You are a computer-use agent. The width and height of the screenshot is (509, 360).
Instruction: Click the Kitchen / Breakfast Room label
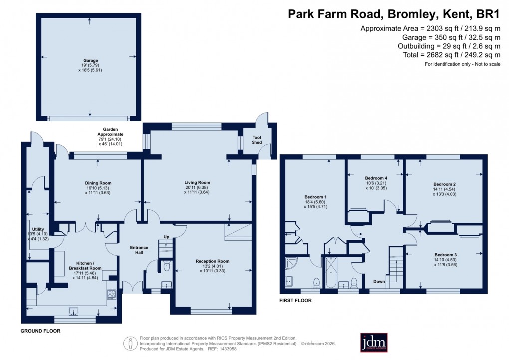(x=89, y=265)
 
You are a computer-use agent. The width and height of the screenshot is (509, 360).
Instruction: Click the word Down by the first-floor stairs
(x=379, y=282)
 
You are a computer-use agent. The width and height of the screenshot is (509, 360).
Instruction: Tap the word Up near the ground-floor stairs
(x=167, y=237)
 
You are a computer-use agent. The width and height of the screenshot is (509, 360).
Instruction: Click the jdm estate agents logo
(x=377, y=343)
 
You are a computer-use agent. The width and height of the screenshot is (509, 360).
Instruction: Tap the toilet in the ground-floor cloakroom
(x=166, y=266)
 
